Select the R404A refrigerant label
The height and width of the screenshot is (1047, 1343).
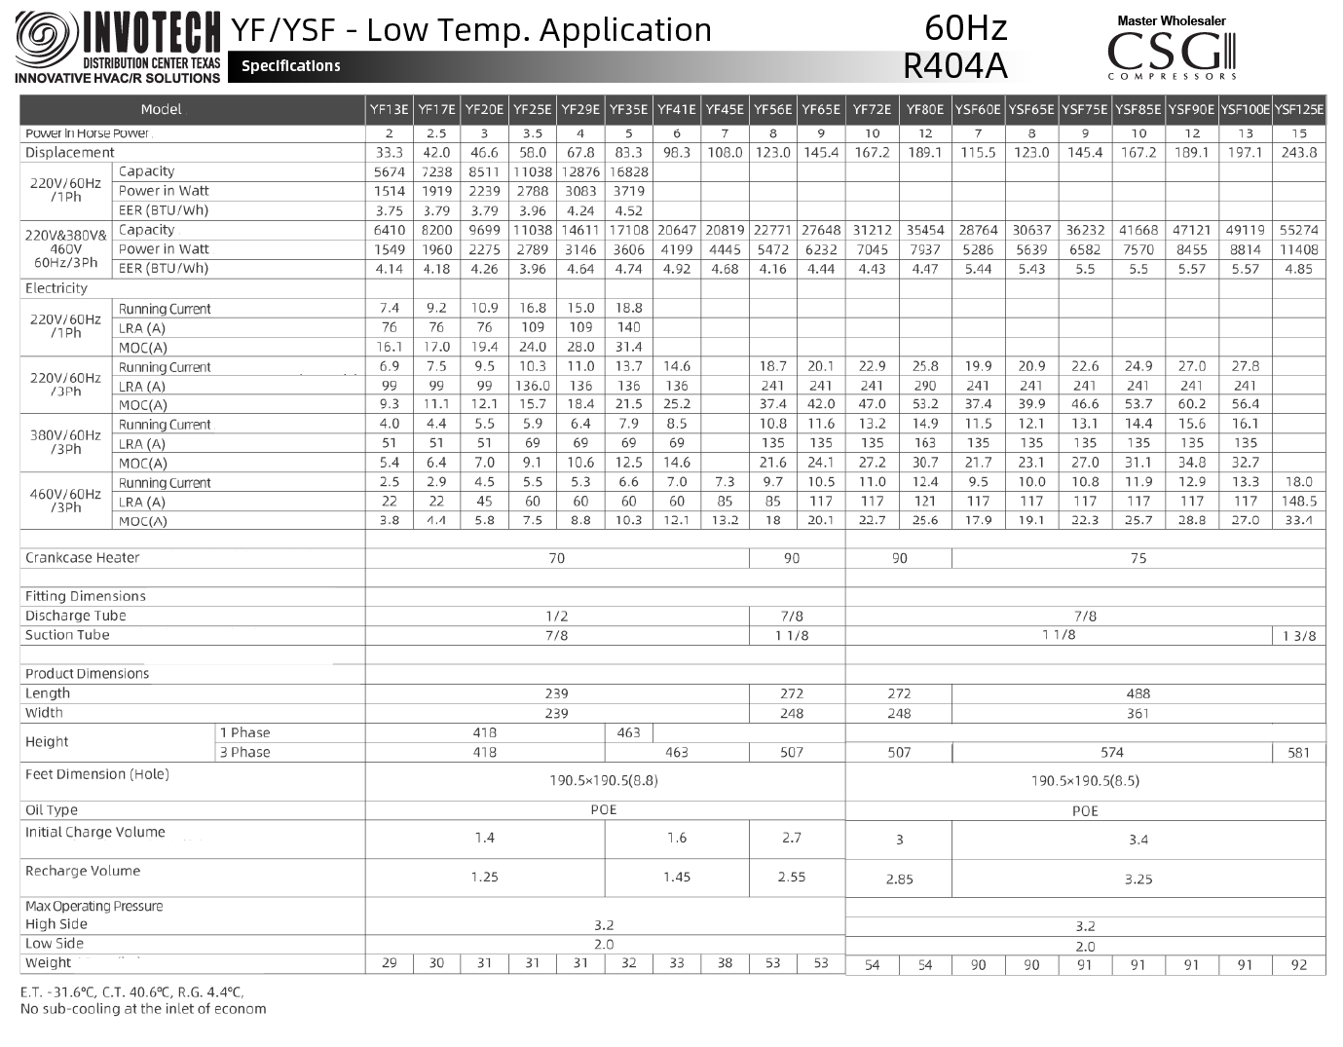954,65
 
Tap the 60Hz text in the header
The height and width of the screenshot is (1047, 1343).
965,27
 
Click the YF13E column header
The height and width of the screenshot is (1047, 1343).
390,109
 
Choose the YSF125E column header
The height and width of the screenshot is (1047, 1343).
1299,109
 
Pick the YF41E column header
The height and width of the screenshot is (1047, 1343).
677,109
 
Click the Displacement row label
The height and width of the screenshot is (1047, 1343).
69,152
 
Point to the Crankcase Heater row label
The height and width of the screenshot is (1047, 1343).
82,558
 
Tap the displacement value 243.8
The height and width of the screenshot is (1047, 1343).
1299,152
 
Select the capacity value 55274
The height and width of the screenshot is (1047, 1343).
1299,230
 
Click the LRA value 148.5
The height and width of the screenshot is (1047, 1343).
1299,502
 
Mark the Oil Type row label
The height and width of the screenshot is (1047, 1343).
51,810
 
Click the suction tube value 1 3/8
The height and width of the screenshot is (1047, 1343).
1299,636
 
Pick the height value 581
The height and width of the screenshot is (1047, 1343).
1299,753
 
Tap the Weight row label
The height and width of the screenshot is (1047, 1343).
48,963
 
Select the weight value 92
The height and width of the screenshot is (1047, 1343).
1299,965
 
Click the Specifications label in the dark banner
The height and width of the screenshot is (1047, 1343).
291,66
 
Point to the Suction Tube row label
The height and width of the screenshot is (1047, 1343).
67,635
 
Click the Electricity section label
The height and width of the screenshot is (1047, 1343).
56,288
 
